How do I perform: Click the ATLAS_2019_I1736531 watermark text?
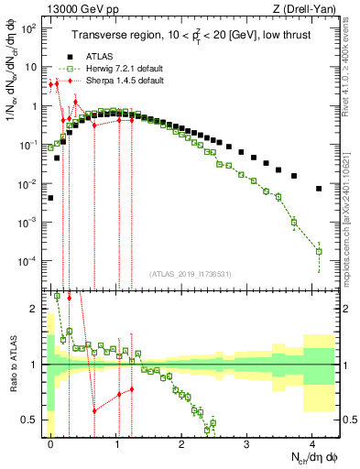coord(193,274)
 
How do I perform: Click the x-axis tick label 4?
coord(312,442)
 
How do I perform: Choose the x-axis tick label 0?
coord(51,442)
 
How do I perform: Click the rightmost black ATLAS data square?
coord(319,189)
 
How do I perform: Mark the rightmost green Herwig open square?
coord(319,251)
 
